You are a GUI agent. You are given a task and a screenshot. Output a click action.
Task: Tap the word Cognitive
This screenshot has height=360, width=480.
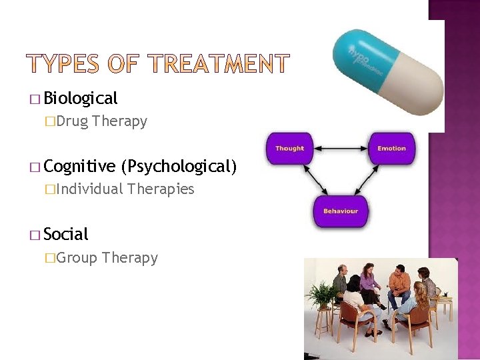(80, 166)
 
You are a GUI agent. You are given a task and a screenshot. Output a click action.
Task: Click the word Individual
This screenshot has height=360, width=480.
(90, 189)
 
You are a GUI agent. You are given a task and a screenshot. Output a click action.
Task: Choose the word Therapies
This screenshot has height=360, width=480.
(161, 189)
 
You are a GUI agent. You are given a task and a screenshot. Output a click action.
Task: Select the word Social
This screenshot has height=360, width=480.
(65, 234)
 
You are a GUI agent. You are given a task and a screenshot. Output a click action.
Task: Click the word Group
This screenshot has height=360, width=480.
(77, 257)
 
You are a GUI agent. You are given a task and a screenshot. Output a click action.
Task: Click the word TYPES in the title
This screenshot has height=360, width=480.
(64, 64)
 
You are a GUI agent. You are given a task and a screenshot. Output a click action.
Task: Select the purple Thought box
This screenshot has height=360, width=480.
(289, 148)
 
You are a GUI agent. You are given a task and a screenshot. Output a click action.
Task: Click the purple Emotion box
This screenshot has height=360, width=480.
(391, 148)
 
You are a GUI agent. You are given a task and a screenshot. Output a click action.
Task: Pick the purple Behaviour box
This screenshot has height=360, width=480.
(341, 211)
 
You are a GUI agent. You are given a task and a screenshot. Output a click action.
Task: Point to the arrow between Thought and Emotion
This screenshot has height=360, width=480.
(340, 148)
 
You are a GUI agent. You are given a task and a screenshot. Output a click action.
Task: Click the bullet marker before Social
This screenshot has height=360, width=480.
(34, 235)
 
